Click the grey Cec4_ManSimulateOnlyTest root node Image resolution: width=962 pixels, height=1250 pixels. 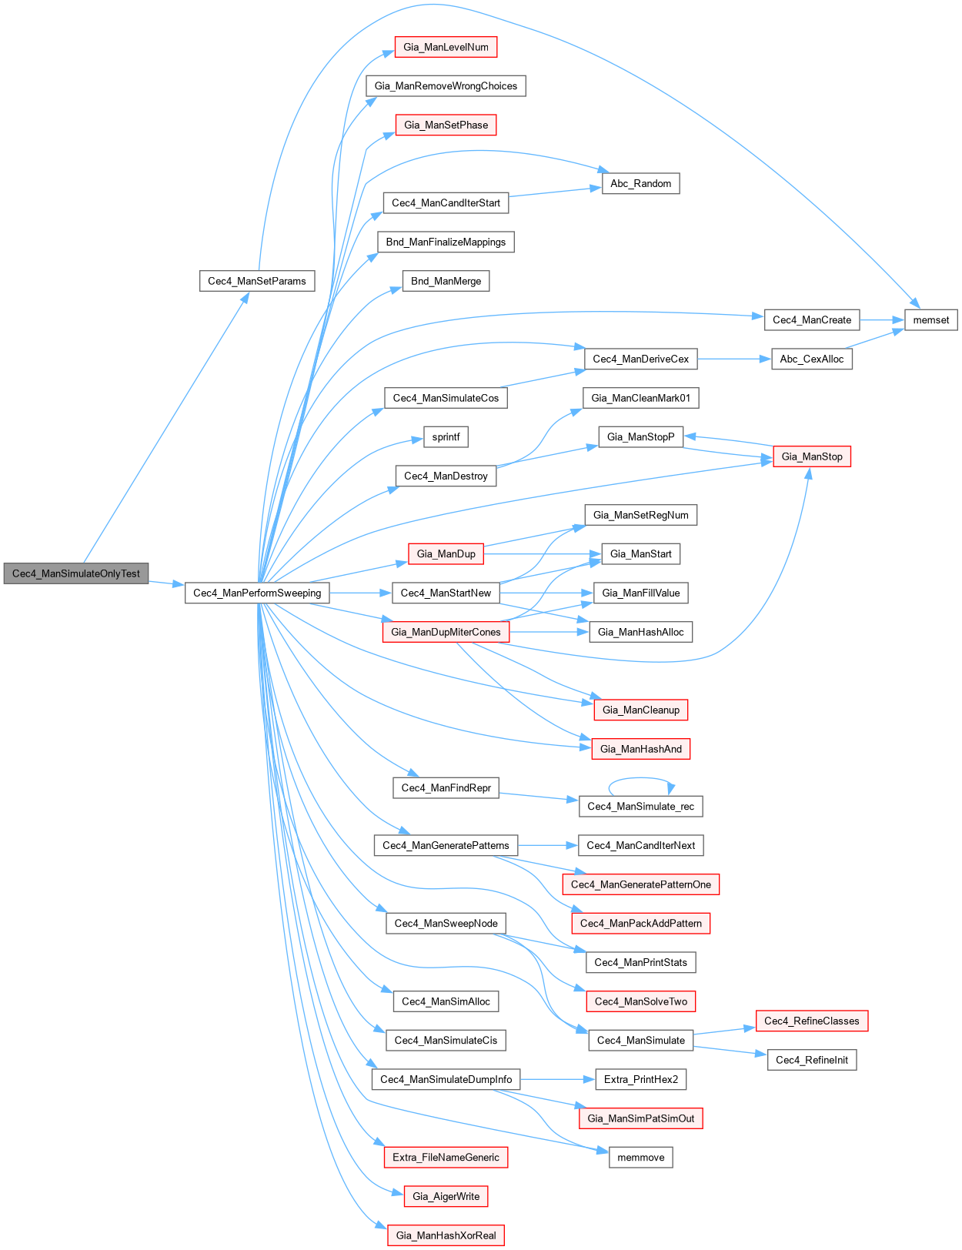pyautogui.click(x=76, y=573)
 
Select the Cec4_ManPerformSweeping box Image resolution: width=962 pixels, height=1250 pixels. pyautogui.click(x=257, y=593)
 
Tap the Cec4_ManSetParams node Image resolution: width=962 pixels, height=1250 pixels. pyautogui.click(x=257, y=281)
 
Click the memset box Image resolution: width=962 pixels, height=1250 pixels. pyautogui.click(x=930, y=320)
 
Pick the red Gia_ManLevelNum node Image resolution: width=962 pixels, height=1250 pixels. pyautogui.click(x=446, y=47)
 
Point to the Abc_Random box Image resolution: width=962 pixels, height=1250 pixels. pyautogui.click(x=640, y=183)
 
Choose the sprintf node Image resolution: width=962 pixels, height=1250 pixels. pyautogui.click(x=446, y=437)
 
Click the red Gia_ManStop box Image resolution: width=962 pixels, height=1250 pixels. pyautogui.click(x=812, y=456)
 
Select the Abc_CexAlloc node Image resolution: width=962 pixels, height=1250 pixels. pyautogui.click(x=811, y=359)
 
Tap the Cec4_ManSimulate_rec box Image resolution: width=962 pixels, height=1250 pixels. pyautogui.click(x=640, y=806)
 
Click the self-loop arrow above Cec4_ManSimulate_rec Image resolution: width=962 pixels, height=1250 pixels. pyautogui.click(x=640, y=779)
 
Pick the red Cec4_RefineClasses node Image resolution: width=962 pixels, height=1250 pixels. pyautogui.click(x=811, y=1021)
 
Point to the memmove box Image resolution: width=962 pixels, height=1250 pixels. pyautogui.click(x=640, y=1157)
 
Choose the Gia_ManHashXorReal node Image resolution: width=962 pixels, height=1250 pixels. pyautogui.click(x=446, y=1235)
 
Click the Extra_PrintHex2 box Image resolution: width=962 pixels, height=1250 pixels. pyautogui.click(x=640, y=1079)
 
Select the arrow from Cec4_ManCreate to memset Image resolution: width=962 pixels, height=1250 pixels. pyautogui.click(x=882, y=320)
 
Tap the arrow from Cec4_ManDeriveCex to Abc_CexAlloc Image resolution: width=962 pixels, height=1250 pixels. pyautogui.click(x=734, y=359)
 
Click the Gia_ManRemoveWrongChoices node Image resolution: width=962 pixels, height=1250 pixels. pyautogui.click(x=446, y=86)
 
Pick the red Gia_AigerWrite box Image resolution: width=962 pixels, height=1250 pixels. pyautogui.click(x=446, y=1196)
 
